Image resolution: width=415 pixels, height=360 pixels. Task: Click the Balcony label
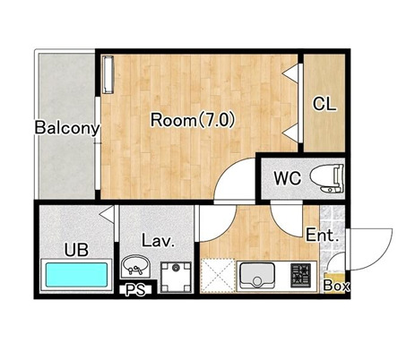67,128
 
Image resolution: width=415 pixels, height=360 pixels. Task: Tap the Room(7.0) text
193,120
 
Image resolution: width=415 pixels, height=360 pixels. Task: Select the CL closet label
324,104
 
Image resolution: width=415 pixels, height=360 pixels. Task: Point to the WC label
288,178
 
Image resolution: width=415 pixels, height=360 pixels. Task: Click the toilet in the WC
327,178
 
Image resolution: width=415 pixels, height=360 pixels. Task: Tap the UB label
76,250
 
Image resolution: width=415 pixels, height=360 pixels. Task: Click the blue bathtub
76,275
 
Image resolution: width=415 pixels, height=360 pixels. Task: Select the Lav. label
158,241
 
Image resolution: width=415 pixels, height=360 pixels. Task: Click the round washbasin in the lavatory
135,265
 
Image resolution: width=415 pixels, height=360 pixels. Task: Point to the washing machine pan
176,277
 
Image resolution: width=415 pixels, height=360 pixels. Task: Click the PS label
135,290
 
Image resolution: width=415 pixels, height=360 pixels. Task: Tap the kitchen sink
257,276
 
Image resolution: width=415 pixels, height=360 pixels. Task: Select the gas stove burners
300,276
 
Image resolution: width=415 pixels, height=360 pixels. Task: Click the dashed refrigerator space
218,276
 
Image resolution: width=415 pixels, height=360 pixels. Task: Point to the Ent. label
323,236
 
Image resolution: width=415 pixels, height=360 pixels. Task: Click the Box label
337,286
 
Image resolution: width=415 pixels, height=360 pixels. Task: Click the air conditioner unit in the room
108,74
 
